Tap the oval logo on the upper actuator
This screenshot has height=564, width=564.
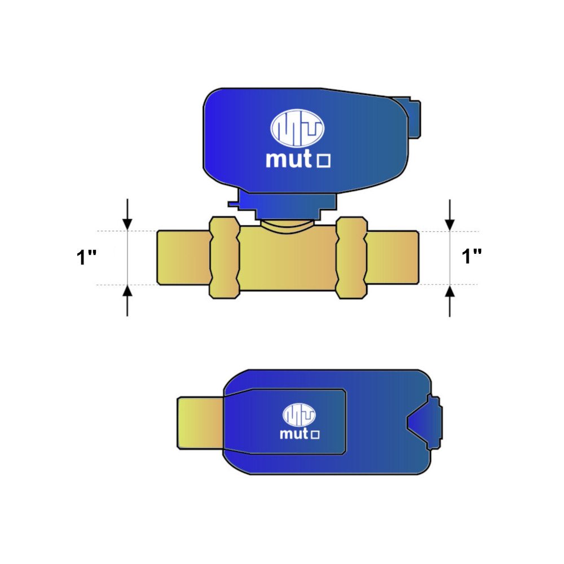pyautogui.click(x=297, y=128)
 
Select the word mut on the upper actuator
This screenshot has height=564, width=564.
pyautogui.click(x=288, y=159)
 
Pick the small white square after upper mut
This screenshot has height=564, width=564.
pyautogui.click(x=323, y=161)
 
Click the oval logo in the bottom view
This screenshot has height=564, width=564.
pyautogui.click(x=299, y=415)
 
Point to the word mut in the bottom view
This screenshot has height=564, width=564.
pyautogui.click(x=294, y=433)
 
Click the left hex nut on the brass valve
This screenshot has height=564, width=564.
pyautogui.click(x=224, y=258)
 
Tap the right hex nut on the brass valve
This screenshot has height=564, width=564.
pyautogui.click(x=351, y=258)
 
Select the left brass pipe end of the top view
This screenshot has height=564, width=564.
pyautogui.click(x=184, y=258)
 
